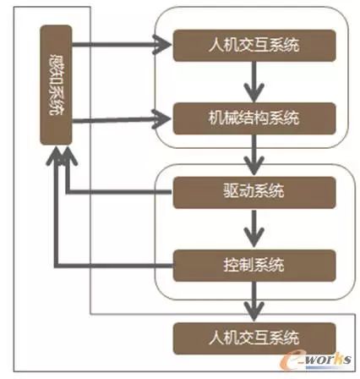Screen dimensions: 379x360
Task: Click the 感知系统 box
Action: point(57,84)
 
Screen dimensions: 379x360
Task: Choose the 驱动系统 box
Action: point(251,193)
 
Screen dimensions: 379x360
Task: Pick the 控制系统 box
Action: point(251,262)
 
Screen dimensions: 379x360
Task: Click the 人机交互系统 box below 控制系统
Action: point(251,337)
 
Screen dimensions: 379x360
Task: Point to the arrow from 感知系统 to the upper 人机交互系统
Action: point(118,42)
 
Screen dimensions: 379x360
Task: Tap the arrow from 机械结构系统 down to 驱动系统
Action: point(251,153)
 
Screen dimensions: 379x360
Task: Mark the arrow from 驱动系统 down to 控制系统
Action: point(251,228)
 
